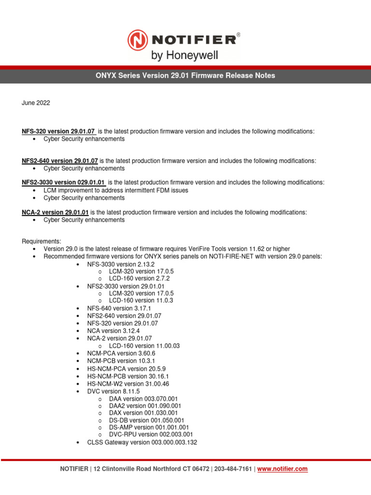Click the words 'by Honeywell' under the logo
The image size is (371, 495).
pyautogui.click(x=185, y=56)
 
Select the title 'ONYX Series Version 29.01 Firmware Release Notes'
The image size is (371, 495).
pyautogui.click(x=185, y=75)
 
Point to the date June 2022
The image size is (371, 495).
pyautogui.click(x=36, y=103)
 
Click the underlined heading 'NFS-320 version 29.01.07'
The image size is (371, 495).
pyautogui.click(x=58, y=131)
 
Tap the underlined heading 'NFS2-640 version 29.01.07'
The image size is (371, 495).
pyautogui.click(x=60, y=160)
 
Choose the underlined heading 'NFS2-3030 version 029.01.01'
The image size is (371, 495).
pyautogui.click(x=63, y=182)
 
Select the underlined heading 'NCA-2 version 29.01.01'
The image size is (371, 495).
pyautogui.click(x=55, y=212)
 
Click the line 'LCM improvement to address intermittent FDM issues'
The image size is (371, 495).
pyautogui.click(x=116, y=190)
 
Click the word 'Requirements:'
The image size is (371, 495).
pyautogui.click(x=42, y=241)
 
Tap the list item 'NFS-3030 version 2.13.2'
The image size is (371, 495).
pyautogui.click(x=121, y=264)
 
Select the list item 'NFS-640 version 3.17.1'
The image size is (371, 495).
pyautogui.click(x=119, y=308)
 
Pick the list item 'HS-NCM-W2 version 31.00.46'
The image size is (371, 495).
pyautogui.click(x=128, y=383)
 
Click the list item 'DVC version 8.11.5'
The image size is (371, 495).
pyautogui.click(x=113, y=391)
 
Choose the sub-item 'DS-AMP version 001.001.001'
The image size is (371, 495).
pyautogui.click(x=149, y=427)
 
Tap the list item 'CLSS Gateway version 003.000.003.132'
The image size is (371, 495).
pyautogui.click(x=142, y=442)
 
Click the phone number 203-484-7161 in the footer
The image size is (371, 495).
pyautogui.click(x=233, y=469)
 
